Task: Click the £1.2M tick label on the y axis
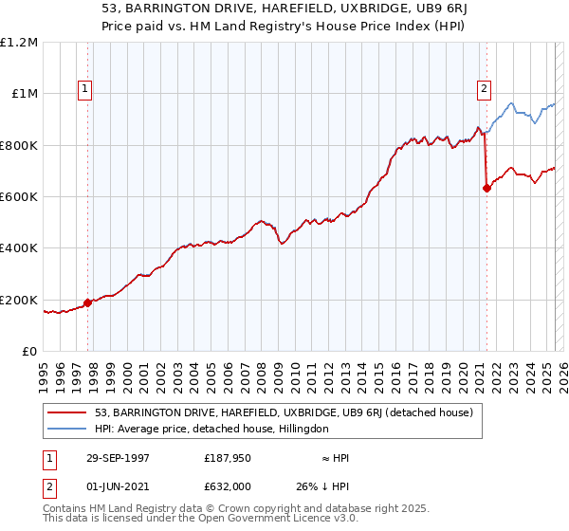(x=19, y=43)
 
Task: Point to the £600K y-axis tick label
(x=19, y=197)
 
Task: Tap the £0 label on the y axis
(x=28, y=352)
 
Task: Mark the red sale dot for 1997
(x=88, y=303)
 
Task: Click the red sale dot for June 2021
(x=487, y=189)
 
